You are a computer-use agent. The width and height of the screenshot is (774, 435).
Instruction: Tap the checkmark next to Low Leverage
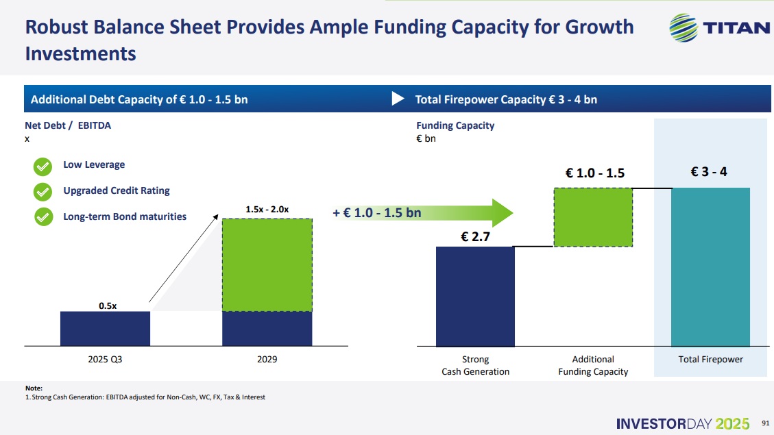43,166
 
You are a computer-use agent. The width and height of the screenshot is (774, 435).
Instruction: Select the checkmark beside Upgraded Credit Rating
43,191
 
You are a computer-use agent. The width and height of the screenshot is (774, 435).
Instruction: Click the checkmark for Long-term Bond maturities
43,217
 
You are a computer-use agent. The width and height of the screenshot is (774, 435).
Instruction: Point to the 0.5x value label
108,306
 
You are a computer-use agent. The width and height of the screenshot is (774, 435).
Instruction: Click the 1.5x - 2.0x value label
267,209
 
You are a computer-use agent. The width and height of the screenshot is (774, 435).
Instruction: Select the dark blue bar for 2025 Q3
105,329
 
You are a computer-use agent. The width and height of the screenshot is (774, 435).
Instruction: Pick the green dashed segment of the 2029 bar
267,264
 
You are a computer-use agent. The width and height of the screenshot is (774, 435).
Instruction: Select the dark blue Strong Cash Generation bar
475,296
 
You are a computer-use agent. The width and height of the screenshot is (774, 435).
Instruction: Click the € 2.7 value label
475,237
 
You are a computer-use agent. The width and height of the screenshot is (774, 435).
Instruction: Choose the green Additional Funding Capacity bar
593,216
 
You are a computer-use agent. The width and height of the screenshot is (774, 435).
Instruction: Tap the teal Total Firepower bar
710,266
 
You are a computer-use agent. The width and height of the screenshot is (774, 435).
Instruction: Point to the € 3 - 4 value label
709,171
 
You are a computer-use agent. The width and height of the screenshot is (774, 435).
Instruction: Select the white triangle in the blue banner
398,99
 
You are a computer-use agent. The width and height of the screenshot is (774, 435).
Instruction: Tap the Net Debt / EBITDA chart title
68,125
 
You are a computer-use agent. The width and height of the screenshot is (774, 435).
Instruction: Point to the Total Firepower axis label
710,360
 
